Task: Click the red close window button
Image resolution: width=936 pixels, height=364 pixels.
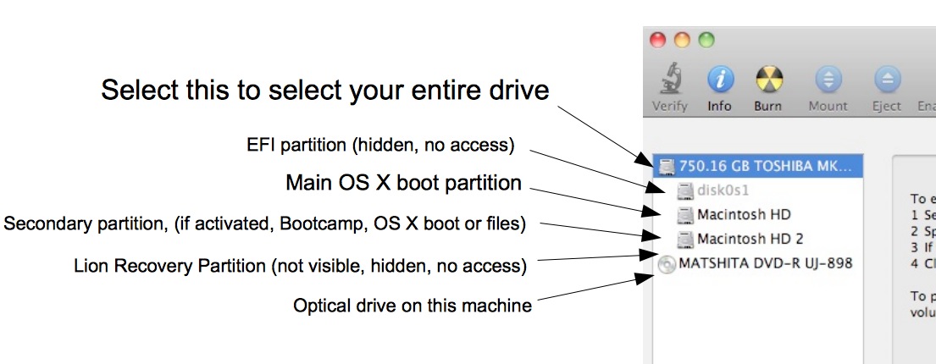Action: [x=658, y=40]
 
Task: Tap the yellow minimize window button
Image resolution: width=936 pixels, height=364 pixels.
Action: [x=682, y=40]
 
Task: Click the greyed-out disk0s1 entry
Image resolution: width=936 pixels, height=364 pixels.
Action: [x=723, y=190]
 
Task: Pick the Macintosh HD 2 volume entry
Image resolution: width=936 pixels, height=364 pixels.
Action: [x=750, y=239]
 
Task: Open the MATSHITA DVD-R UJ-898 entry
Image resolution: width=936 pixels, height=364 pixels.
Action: [x=765, y=263]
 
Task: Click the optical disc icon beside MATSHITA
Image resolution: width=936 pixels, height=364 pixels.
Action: [x=667, y=264]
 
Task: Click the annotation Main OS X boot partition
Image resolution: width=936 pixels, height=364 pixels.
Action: [x=403, y=183]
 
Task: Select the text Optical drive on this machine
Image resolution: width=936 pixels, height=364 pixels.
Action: [x=412, y=306]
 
